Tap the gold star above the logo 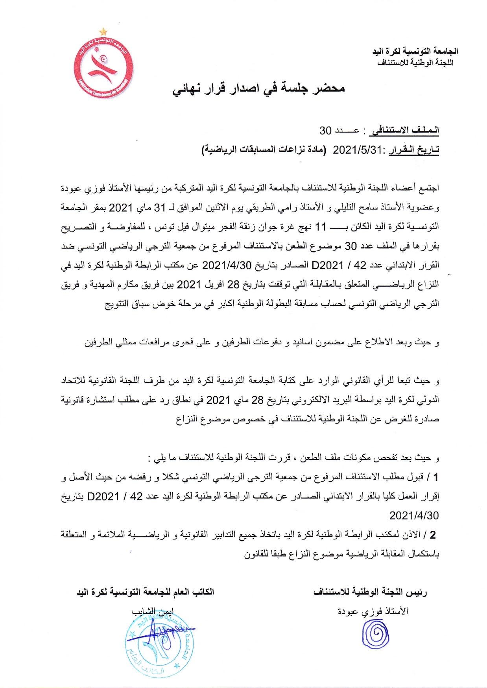[x=103, y=31]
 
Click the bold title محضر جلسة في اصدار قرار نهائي [x=258, y=89]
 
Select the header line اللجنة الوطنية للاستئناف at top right [x=415, y=63]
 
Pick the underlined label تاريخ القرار [x=413, y=150]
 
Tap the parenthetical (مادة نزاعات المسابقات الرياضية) [x=264, y=150]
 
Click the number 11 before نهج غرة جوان [x=321, y=226]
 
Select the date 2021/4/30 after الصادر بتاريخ [x=227, y=265]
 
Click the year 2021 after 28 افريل [x=189, y=284]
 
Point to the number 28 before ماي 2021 [x=257, y=400]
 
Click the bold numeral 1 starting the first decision [x=435, y=477]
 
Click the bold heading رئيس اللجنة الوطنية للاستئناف [x=370, y=592]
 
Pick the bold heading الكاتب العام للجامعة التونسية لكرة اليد [x=145, y=592]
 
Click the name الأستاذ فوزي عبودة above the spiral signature [x=373, y=611]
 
